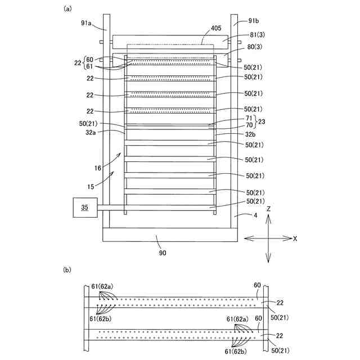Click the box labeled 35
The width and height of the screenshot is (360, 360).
(85, 208)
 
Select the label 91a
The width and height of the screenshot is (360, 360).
(87, 23)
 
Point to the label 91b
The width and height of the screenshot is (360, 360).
(254, 21)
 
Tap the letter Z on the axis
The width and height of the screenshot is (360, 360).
(269, 209)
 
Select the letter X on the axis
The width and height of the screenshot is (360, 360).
(295, 238)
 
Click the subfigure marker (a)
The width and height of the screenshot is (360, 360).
(68, 8)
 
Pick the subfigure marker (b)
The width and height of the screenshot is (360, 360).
(67, 271)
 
